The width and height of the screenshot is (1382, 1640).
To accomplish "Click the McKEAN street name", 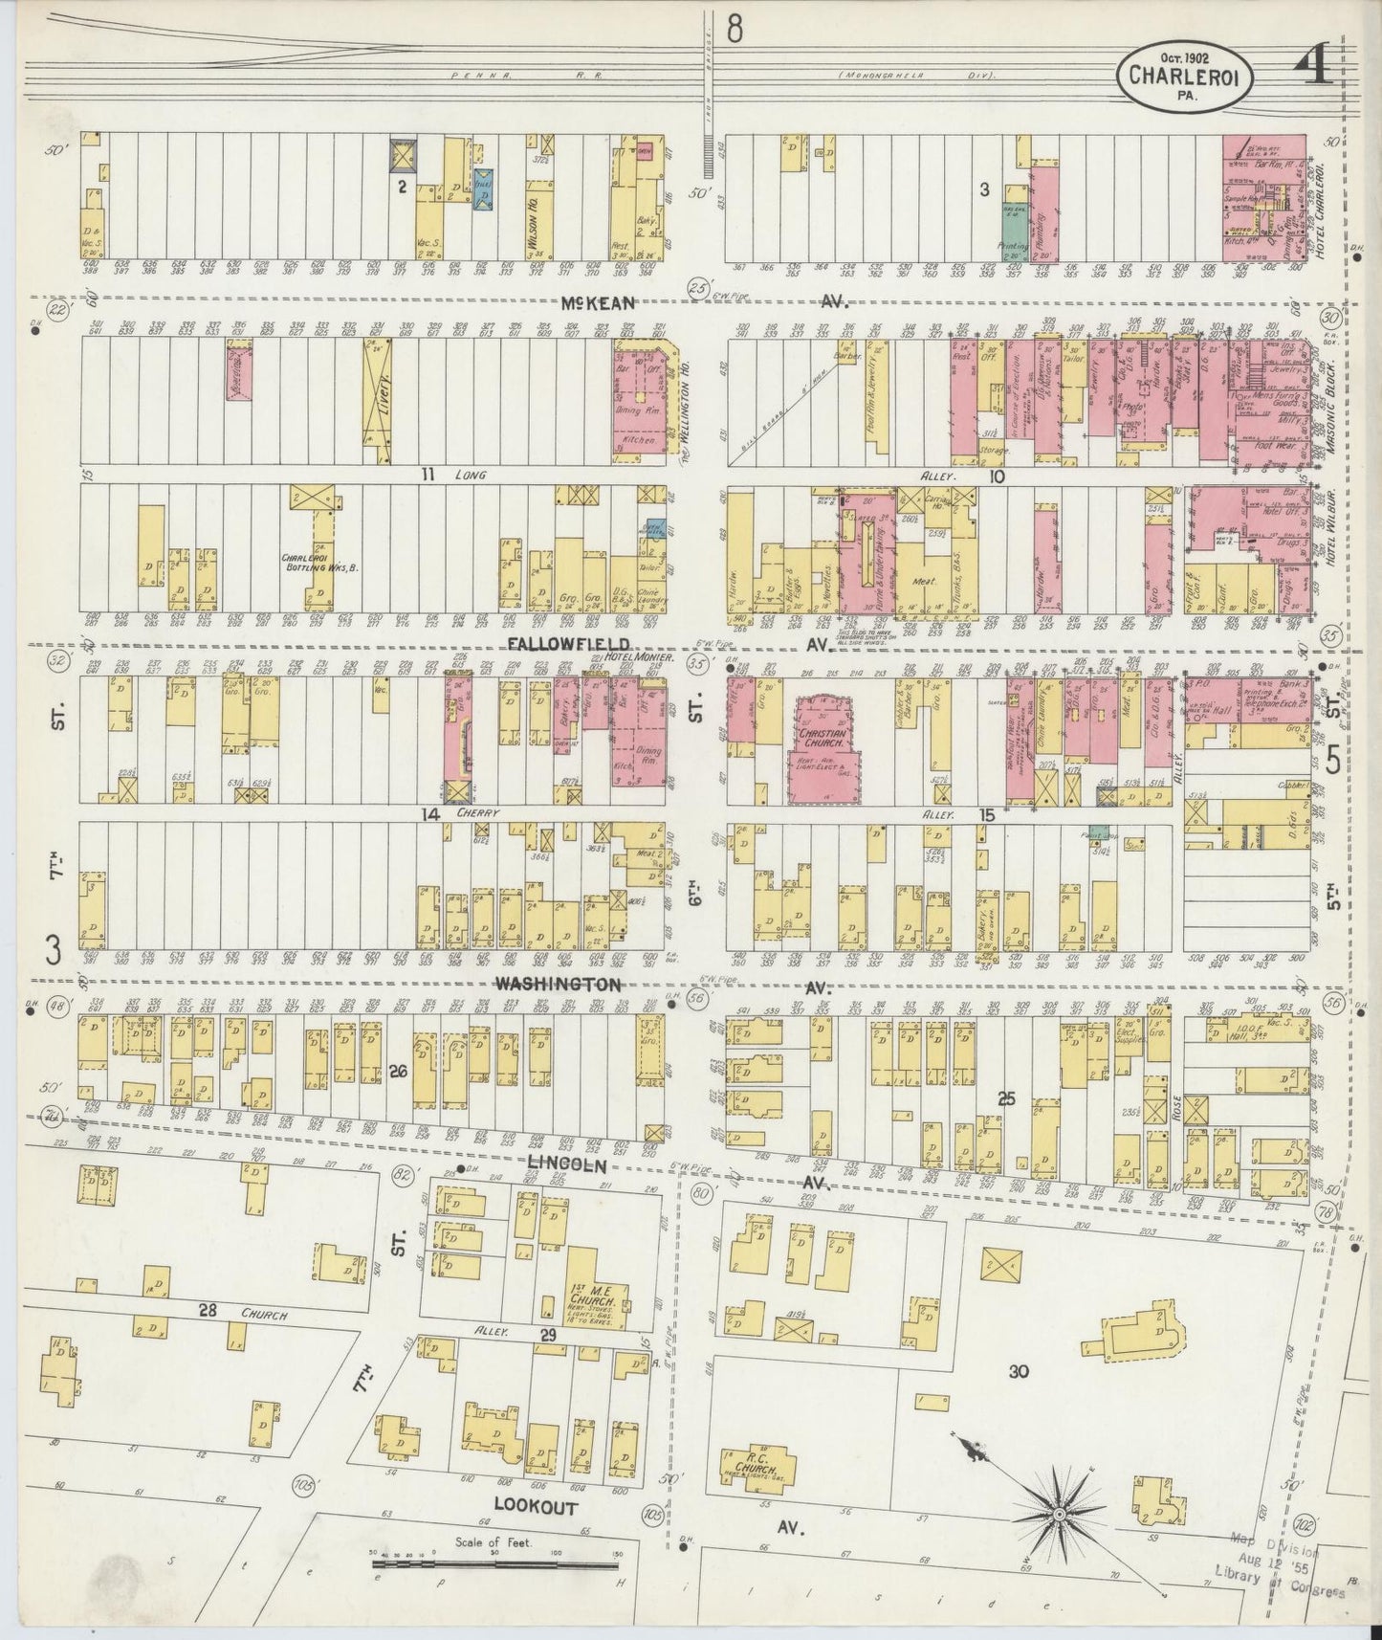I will [x=600, y=302].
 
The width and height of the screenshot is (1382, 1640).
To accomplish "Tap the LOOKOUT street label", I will [x=536, y=1505].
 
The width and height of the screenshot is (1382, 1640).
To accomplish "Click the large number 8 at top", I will [x=735, y=30].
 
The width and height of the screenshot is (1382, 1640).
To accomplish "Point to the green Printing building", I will [x=1010, y=227].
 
